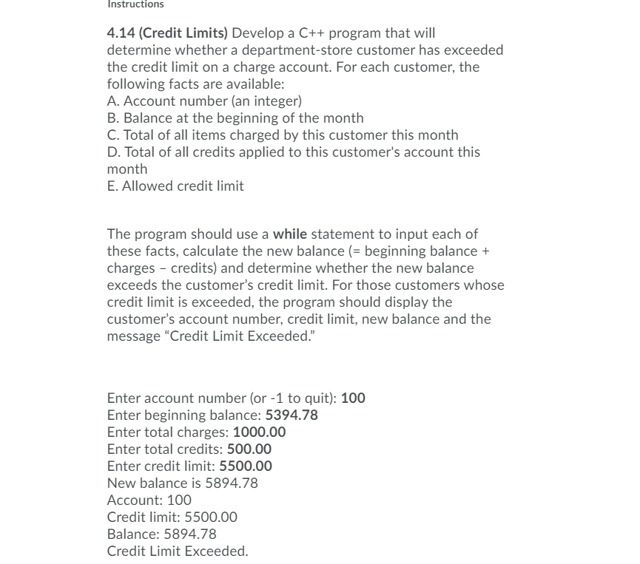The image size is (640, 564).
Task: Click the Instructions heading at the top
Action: pos(135,4)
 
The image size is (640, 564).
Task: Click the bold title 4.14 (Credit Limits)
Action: pos(167,33)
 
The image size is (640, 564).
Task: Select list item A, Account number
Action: pos(204,101)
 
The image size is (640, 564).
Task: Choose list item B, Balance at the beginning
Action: pos(235,118)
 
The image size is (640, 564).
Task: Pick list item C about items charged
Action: pos(283,135)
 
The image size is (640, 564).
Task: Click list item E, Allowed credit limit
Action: pos(175,186)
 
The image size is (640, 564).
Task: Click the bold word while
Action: pos(290,234)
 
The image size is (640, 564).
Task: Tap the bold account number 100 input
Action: pos(353,398)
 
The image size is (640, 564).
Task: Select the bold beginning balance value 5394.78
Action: pos(292,415)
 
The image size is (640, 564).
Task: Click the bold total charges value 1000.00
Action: pos(259,432)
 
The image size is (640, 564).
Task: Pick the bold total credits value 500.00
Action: pos(249,449)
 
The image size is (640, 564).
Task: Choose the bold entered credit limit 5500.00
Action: pos(246,466)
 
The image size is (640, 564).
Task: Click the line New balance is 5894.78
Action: pos(183,483)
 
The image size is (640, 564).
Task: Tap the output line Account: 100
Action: pos(149,500)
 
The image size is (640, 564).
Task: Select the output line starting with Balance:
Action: pos(162,534)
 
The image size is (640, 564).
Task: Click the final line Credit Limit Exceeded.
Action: pos(178,551)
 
